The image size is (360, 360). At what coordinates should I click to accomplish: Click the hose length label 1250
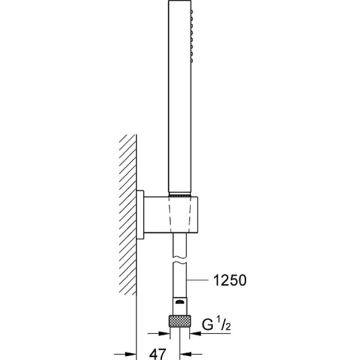230,280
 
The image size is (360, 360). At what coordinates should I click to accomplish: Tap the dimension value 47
157,354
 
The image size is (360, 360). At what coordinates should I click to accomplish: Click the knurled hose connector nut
180,321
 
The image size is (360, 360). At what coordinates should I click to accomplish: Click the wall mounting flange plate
140,215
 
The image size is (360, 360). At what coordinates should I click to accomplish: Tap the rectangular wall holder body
171,215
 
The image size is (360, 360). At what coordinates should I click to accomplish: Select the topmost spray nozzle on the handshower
192,12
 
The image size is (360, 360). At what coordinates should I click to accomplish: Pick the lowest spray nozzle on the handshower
192,61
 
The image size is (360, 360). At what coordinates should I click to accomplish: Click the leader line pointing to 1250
198,280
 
